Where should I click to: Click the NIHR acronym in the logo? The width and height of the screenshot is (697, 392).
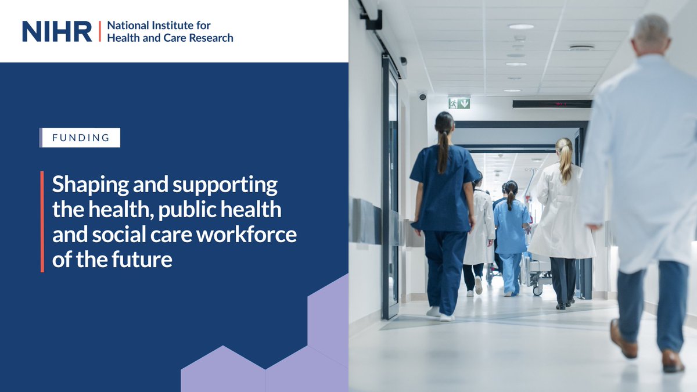[x=57, y=31]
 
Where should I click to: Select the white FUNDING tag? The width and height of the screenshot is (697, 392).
[x=81, y=138]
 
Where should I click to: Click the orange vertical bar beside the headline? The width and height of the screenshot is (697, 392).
[x=42, y=221]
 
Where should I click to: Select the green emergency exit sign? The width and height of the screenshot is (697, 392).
[x=459, y=103]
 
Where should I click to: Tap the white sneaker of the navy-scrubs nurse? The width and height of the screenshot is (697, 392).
[x=446, y=317]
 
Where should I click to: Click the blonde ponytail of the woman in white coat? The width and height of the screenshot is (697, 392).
[x=565, y=160]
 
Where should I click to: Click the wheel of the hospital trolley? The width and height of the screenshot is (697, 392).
[x=538, y=290]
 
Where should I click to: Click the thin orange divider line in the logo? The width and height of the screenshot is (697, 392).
[x=99, y=31]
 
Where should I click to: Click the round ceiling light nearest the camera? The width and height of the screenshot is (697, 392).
[x=521, y=27]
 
